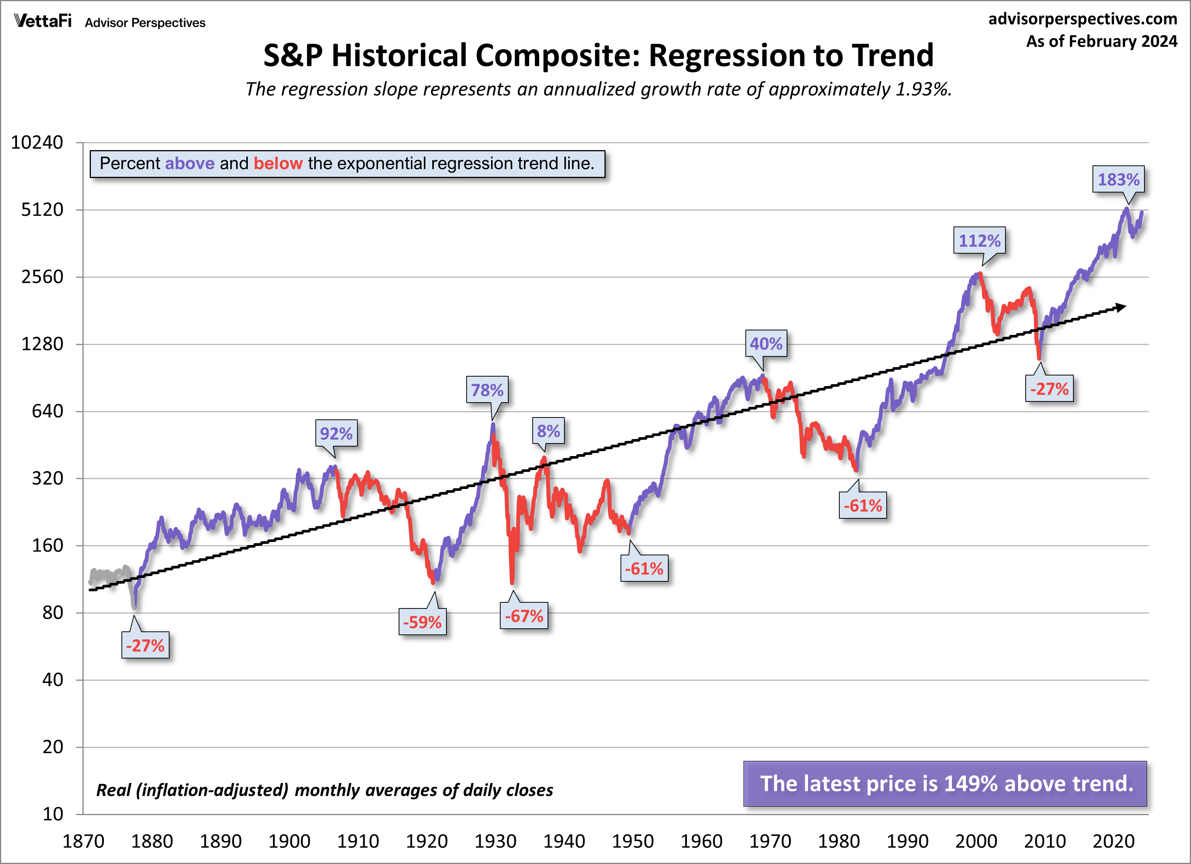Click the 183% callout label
click(x=1118, y=180)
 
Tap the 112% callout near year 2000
click(x=979, y=241)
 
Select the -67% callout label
click(x=524, y=616)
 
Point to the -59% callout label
click(x=422, y=622)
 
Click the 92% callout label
click(x=336, y=433)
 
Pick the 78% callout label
click(x=487, y=390)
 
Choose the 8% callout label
click(x=548, y=431)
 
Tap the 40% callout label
click(x=766, y=343)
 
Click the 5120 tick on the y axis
click(x=42, y=210)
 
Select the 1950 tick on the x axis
click(x=633, y=841)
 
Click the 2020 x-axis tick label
click(x=1113, y=841)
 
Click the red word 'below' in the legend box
click(x=278, y=163)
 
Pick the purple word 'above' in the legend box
click(x=189, y=163)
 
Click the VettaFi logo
click(x=42, y=21)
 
